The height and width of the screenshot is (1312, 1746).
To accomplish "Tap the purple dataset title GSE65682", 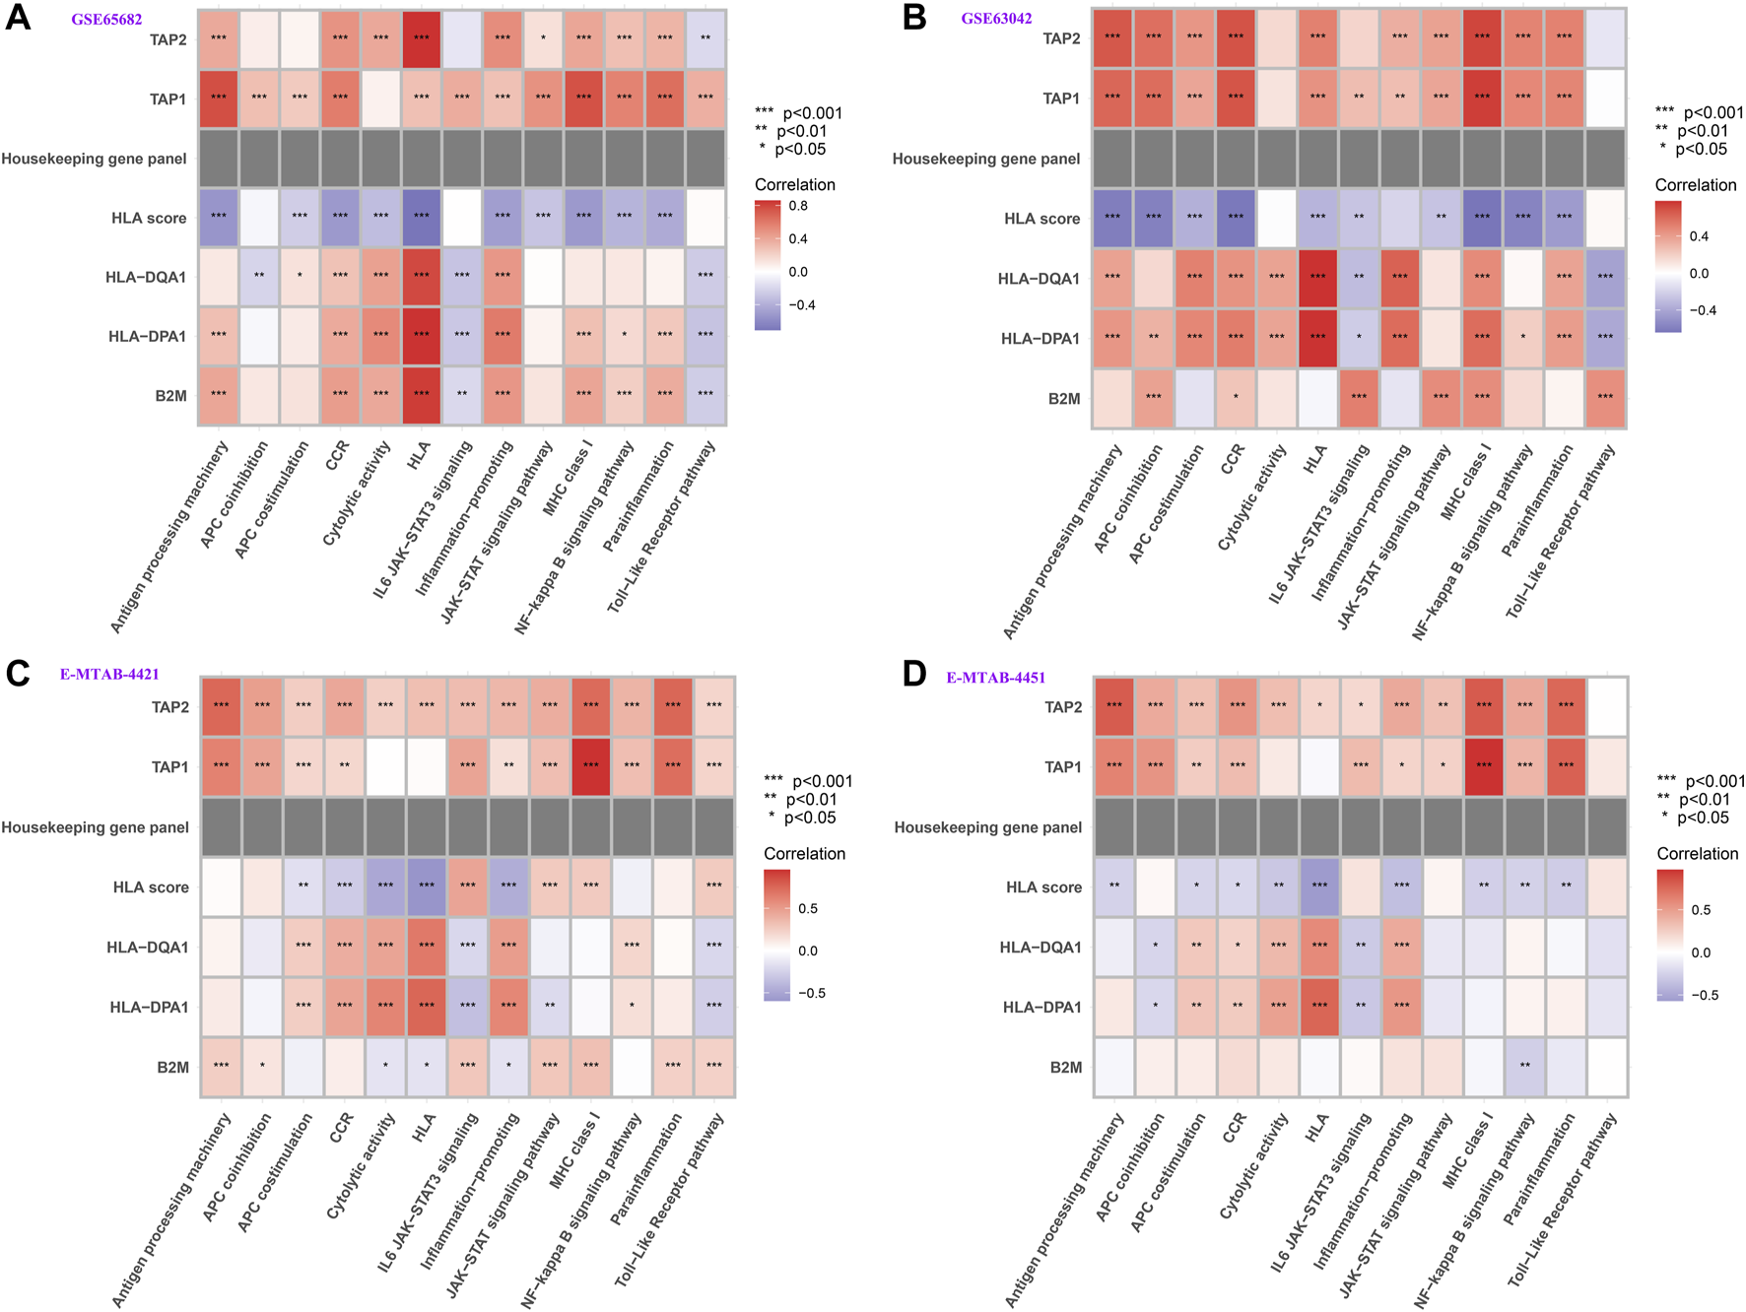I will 106,20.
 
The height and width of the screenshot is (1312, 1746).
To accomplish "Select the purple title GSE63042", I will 996,19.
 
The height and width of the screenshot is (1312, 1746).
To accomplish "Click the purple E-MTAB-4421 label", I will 109,675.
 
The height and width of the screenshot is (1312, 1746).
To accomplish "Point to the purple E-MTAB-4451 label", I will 995,678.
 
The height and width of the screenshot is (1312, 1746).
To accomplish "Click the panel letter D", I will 913,675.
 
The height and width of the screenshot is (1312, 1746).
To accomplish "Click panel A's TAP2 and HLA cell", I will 421,39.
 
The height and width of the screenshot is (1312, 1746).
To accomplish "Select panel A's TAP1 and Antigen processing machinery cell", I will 219,98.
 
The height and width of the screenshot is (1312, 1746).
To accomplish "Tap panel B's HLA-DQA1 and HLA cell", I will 1317,279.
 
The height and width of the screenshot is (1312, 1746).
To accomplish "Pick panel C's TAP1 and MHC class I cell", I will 590,766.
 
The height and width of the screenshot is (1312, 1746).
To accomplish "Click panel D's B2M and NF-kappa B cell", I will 1524,1067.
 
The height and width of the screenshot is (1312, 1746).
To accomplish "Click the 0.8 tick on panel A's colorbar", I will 798,206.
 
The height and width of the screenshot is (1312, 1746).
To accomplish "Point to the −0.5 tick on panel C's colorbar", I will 812,993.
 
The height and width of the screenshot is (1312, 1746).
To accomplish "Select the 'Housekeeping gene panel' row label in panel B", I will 986,159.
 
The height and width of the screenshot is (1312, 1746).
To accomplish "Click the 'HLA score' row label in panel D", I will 1043,887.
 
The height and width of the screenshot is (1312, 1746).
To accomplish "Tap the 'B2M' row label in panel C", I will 172,1067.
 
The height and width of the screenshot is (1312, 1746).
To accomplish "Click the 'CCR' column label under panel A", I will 338,455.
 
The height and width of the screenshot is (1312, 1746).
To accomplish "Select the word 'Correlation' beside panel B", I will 1696,185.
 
